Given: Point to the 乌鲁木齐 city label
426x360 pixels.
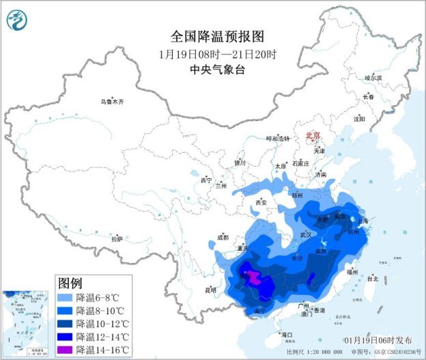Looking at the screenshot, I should click(112, 102).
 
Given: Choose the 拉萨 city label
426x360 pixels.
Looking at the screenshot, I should click(117, 239).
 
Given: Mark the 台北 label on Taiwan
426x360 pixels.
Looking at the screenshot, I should click(372, 279).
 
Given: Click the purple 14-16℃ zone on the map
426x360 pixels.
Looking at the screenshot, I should click(253, 277).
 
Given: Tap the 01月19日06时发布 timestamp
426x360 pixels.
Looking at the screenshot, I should click(378, 340).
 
